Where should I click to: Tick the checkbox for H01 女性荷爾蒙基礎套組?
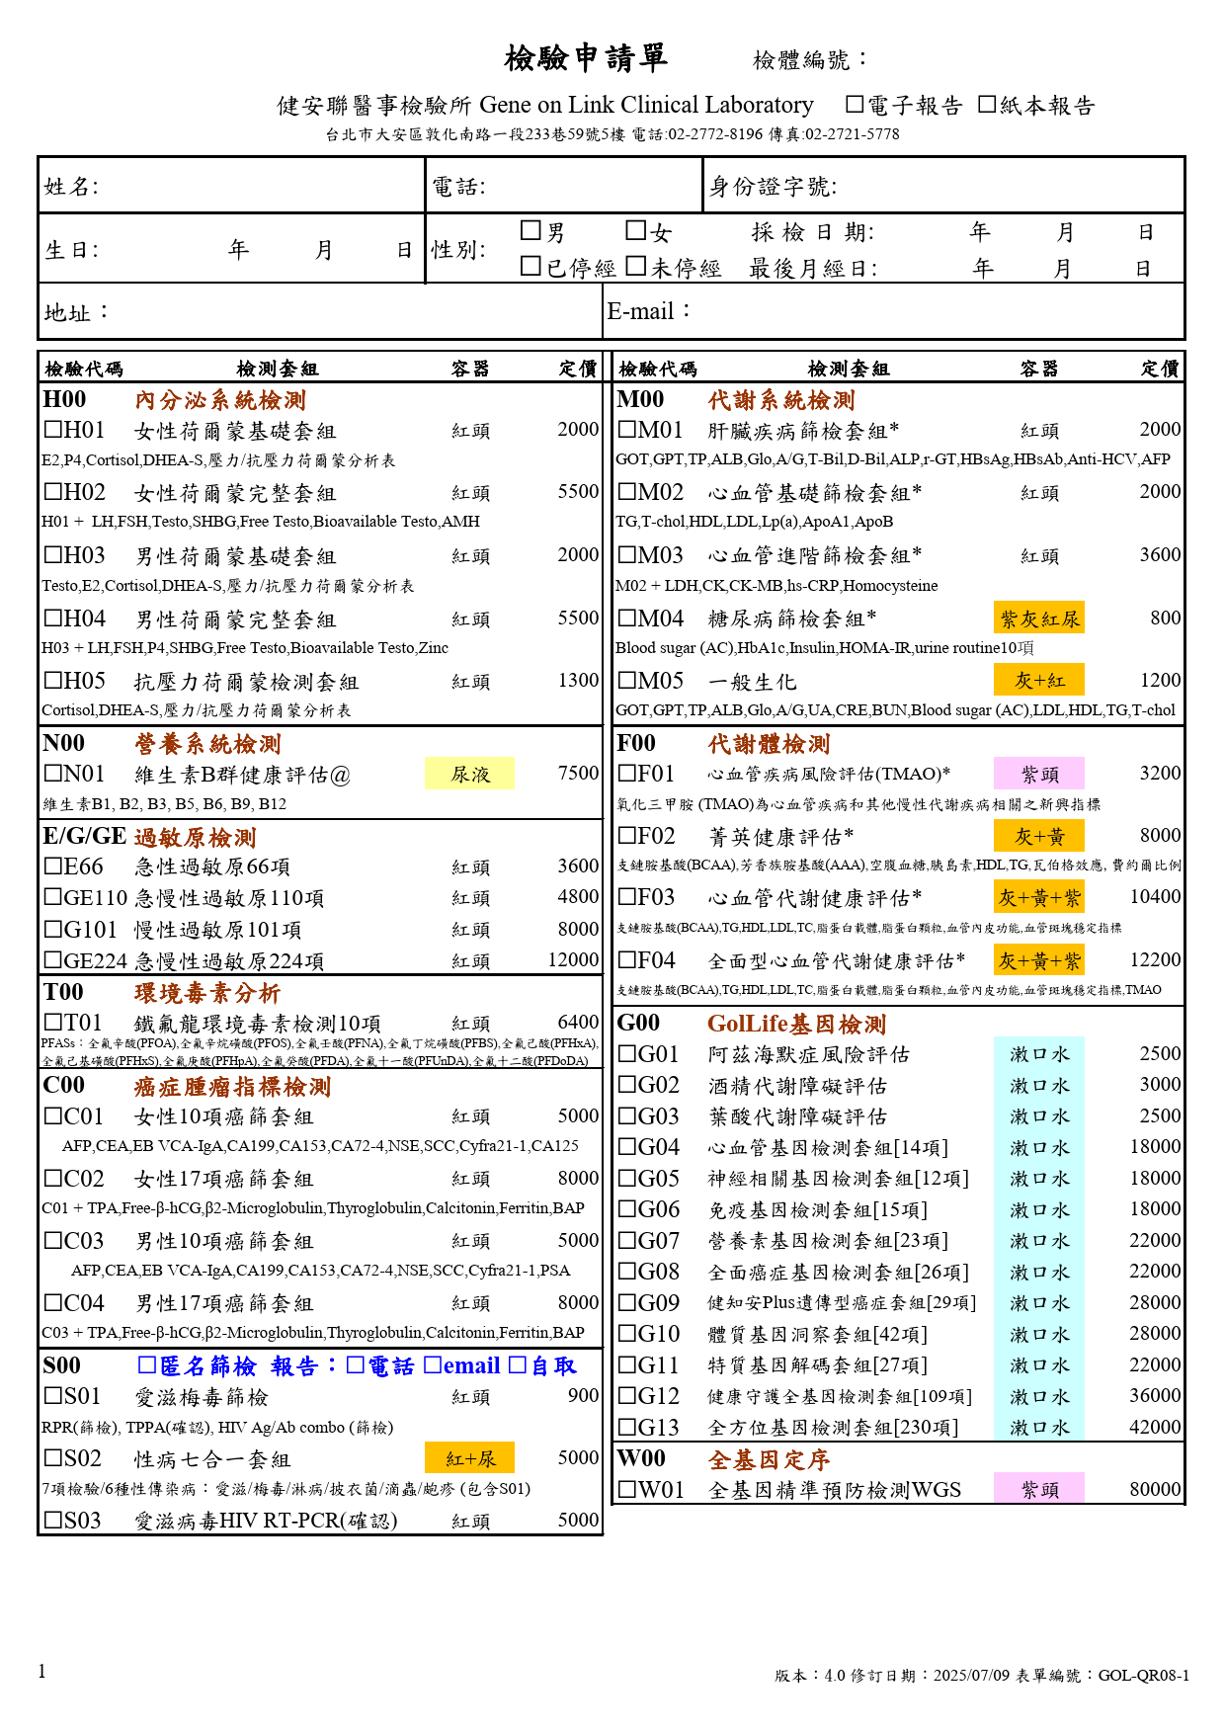click(53, 430)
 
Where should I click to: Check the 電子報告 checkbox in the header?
click(855, 105)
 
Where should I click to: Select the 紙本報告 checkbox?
click(987, 105)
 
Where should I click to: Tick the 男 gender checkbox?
click(531, 231)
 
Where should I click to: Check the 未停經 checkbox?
click(636, 267)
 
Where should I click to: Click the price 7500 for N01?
click(578, 773)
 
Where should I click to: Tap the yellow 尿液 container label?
click(470, 774)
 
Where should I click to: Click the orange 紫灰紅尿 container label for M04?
click(1039, 619)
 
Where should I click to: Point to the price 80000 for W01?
click(1155, 1489)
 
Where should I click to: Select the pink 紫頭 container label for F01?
click(1039, 774)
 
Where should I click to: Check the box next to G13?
click(627, 1427)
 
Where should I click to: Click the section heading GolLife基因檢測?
click(796, 1024)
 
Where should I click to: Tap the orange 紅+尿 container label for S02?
click(470, 1458)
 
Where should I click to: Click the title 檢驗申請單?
click(586, 58)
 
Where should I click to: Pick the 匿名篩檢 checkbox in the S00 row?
click(147, 1365)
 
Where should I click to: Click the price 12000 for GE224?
click(573, 959)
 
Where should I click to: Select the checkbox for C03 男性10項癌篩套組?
click(53, 1240)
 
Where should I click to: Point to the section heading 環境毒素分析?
click(207, 992)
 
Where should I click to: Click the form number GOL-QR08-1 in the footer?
click(1143, 1675)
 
